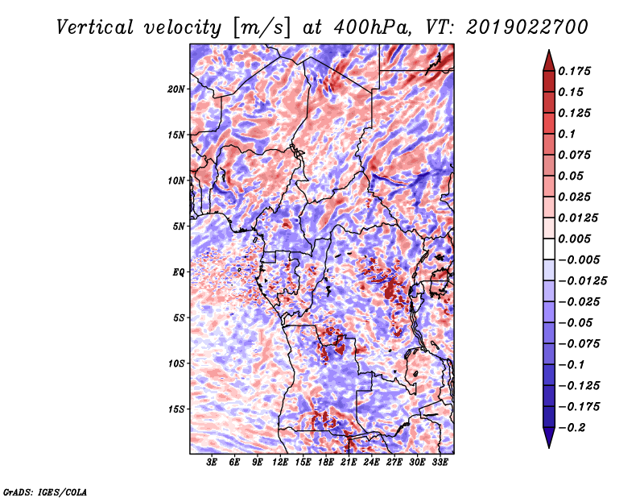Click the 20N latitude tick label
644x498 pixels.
[176, 89]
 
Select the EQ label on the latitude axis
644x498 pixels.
[179, 272]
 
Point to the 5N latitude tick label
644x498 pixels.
[179, 226]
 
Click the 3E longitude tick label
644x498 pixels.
[212, 463]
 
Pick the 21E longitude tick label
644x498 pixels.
[349, 463]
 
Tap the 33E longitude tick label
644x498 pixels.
[440, 463]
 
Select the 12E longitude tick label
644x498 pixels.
[280, 463]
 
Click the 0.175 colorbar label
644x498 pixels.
[574, 71]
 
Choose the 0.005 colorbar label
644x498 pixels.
[574, 239]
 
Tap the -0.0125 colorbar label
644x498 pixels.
[582, 281]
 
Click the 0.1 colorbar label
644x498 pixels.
[567, 134]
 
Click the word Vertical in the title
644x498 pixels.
[95, 27]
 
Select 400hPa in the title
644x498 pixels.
[372, 27]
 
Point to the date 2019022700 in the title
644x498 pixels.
[527, 27]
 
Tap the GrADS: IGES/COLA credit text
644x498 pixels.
[45, 492]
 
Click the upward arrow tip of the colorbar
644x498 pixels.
[549, 50]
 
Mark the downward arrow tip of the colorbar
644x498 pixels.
[549, 448]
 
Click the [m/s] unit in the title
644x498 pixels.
[262, 28]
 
